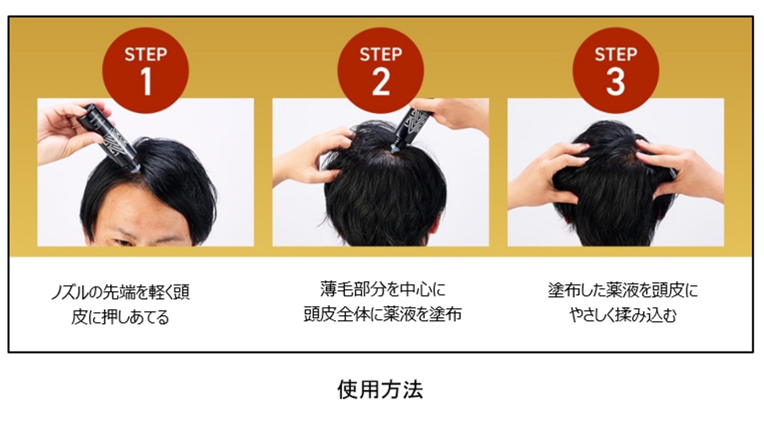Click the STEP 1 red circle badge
point(146,70)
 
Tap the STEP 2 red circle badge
point(381,70)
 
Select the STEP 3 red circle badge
point(616,70)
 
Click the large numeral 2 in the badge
point(381,82)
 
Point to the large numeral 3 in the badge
point(616,82)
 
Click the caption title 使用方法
point(381,390)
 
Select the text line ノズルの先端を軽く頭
point(121,292)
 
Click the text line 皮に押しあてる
point(120,317)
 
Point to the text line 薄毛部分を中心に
point(382,289)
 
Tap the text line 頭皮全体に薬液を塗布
point(382,314)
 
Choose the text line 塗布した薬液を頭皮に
point(623,290)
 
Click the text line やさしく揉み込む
point(623,315)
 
